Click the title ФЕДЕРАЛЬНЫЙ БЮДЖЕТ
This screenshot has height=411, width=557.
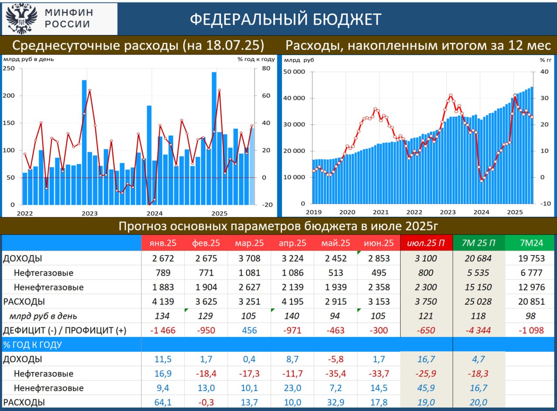click(x=285, y=19)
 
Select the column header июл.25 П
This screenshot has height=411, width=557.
click(x=426, y=243)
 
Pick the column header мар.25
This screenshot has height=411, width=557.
click(x=249, y=243)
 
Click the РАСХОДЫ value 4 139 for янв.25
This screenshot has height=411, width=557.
click(x=163, y=301)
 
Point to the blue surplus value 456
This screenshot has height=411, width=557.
click(x=249, y=330)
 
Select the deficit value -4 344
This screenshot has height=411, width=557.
click(x=478, y=330)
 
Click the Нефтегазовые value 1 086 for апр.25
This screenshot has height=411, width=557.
click(x=292, y=273)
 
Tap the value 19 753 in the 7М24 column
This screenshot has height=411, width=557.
click(x=531, y=259)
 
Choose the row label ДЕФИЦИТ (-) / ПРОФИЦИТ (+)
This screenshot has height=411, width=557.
click(x=64, y=330)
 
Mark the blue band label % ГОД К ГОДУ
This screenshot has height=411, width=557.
click(x=33, y=345)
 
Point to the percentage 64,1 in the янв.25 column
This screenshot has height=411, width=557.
click(x=163, y=402)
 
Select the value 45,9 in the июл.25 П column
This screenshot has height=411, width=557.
click(x=426, y=388)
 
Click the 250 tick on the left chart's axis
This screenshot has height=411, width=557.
click(x=9, y=68)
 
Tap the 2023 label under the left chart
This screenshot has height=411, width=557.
click(x=90, y=213)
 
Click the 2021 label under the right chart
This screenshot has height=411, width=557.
click(x=381, y=212)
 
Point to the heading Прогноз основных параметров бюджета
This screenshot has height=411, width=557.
click(x=278, y=226)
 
